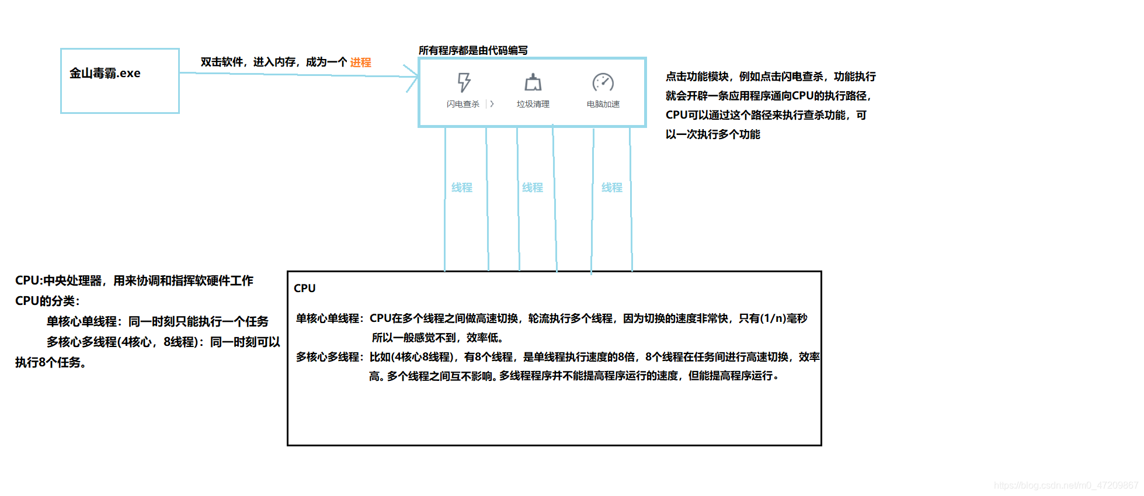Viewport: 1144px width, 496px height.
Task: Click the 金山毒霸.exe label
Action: pyautogui.click(x=105, y=73)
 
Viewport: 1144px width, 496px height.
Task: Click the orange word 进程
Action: pyautogui.click(x=360, y=63)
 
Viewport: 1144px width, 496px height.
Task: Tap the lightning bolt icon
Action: pyautogui.click(x=464, y=82)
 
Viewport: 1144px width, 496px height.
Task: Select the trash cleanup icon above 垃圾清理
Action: pyautogui.click(x=533, y=82)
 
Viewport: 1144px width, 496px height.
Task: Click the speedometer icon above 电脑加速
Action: pyautogui.click(x=603, y=82)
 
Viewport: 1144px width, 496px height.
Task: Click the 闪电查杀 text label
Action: pyautogui.click(x=463, y=104)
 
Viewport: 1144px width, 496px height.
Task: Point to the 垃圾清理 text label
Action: pyautogui.click(x=533, y=104)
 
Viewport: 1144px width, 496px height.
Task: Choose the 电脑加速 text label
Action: pyautogui.click(x=603, y=104)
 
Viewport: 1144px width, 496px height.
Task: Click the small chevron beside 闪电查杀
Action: pyautogui.click(x=492, y=104)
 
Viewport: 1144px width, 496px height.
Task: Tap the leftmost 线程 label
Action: pyautogui.click(x=462, y=188)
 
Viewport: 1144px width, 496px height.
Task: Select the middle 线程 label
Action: pyautogui.click(x=533, y=188)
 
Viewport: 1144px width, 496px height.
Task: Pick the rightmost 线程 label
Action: pyautogui.click(x=611, y=188)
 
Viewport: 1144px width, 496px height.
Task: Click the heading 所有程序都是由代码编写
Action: pyautogui.click(x=473, y=50)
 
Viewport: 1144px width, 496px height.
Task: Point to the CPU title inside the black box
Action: pyautogui.click(x=305, y=288)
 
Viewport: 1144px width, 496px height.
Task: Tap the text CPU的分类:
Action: pyautogui.click(x=47, y=301)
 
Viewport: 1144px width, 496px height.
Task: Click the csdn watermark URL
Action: pyautogui.click(x=1066, y=485)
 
